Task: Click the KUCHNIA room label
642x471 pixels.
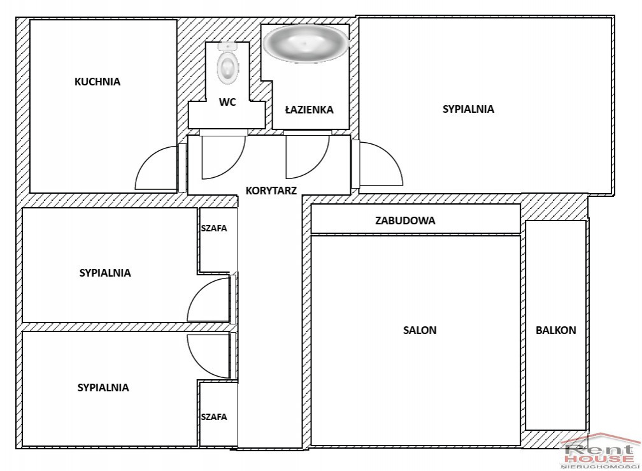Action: pyautogui.click(x=97, y=82)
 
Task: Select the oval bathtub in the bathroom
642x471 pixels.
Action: pyautogui.click(x=306, y=44)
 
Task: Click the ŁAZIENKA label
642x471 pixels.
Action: pyautogui.click(x=309, y=110)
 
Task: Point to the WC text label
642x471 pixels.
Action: pyautogui.click(x=227, y=101)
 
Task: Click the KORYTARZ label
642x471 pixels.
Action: pyautogui.click(x=271, y=190)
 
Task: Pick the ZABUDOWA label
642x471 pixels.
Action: pyautogui.click(x=405, y=221)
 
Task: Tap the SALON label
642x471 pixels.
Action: pyautogui.click(x=420, y=330)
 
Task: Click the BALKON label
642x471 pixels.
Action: pyautogui.click(x=556, y=330)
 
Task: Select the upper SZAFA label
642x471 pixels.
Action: pyautogui.click(x=214, y=228)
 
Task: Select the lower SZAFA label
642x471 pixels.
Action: pyautogui.click(x=214, y=417)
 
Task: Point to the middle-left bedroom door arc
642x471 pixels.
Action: pyautogui.click(x=197, y=290)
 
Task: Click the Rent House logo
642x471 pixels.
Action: pyautogui.click(x=600, y=451)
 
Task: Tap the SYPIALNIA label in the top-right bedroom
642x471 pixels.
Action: pyautogui.click(x=468, y=109)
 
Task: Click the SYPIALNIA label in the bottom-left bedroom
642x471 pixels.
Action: pyautogui.click(x=103, y=388)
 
